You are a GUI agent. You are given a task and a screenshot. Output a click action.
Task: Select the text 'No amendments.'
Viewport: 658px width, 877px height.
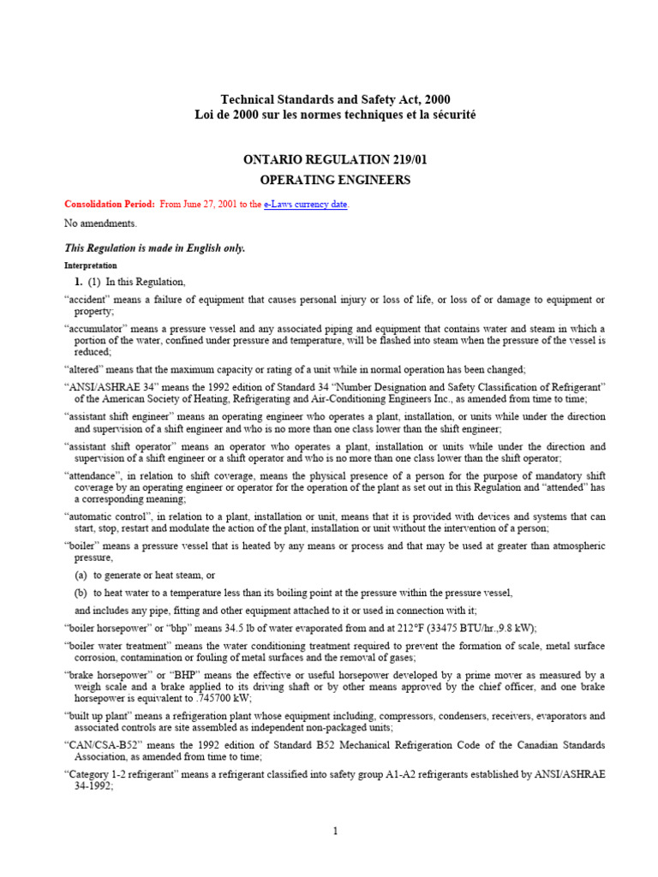click(x=101, y=224)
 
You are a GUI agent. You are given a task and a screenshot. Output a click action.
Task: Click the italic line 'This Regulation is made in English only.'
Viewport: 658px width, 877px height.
click(x=155, y=248)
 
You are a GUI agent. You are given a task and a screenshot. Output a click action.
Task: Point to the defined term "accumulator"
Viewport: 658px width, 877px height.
click(x=99, y=329)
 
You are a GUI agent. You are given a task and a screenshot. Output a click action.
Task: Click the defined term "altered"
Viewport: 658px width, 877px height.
click(x=87, y=369)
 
